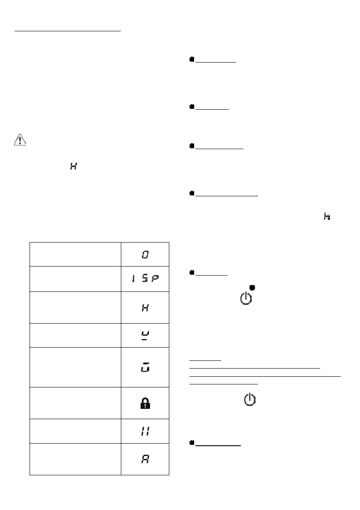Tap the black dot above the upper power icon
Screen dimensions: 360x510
(252, 287)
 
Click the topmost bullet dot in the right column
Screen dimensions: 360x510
(192, 60)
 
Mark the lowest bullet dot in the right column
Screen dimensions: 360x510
(192, 444)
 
